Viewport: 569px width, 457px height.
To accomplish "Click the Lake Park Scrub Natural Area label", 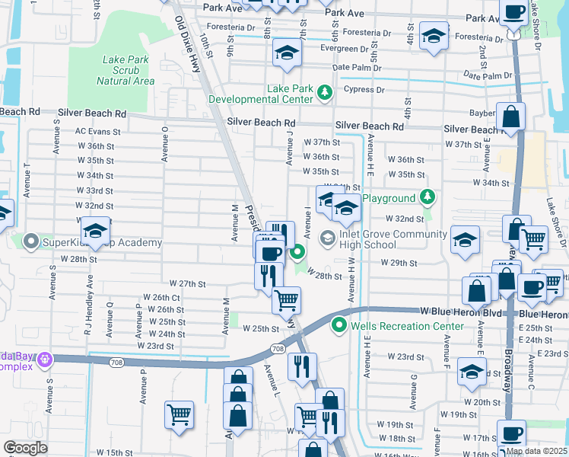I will click(x=129, y=70).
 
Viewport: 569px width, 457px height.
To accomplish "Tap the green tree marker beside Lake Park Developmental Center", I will click(x=325, y=93).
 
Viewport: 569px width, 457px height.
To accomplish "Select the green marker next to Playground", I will click(x=427, y=198).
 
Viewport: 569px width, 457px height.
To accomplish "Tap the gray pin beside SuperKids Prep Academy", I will click(x=31, y=242).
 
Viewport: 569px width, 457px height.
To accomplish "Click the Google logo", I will click(x=26, y=448).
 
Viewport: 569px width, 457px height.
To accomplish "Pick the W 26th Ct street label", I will click(x=162, y=297).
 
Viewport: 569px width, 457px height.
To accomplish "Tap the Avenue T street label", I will click(x=27, y=180).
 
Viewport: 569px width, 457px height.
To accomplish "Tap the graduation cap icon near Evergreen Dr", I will click(x=287, y=53).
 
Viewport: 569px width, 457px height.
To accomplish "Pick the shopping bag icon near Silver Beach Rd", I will click(x=511, y=117).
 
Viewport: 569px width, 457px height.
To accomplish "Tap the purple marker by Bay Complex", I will click(x=45, y=358).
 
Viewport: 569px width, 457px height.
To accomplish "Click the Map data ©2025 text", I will click(x=536, y=451).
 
